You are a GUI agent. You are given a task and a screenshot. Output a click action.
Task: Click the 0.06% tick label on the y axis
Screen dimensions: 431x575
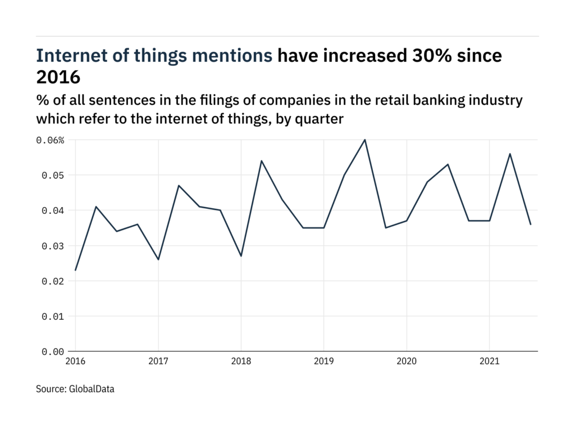pos(51,140)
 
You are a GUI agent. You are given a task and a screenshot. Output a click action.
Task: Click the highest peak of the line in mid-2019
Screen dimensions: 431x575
pos(365,140)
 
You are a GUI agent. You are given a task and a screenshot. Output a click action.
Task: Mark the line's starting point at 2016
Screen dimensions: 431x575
pos(76,270)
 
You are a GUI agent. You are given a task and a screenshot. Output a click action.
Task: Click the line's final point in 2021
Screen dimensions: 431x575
pos(531,224)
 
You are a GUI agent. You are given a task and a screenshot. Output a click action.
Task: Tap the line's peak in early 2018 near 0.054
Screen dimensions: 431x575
pos(262,161)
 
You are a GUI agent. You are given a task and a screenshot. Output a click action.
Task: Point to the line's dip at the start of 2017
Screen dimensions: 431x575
pos(158,259)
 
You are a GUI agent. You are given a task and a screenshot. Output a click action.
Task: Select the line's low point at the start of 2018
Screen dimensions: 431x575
pos(241,256)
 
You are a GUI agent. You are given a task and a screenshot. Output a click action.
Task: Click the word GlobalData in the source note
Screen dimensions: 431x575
pos(92,388)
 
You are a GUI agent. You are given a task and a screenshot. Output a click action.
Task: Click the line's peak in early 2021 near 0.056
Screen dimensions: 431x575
pos(510,154)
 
